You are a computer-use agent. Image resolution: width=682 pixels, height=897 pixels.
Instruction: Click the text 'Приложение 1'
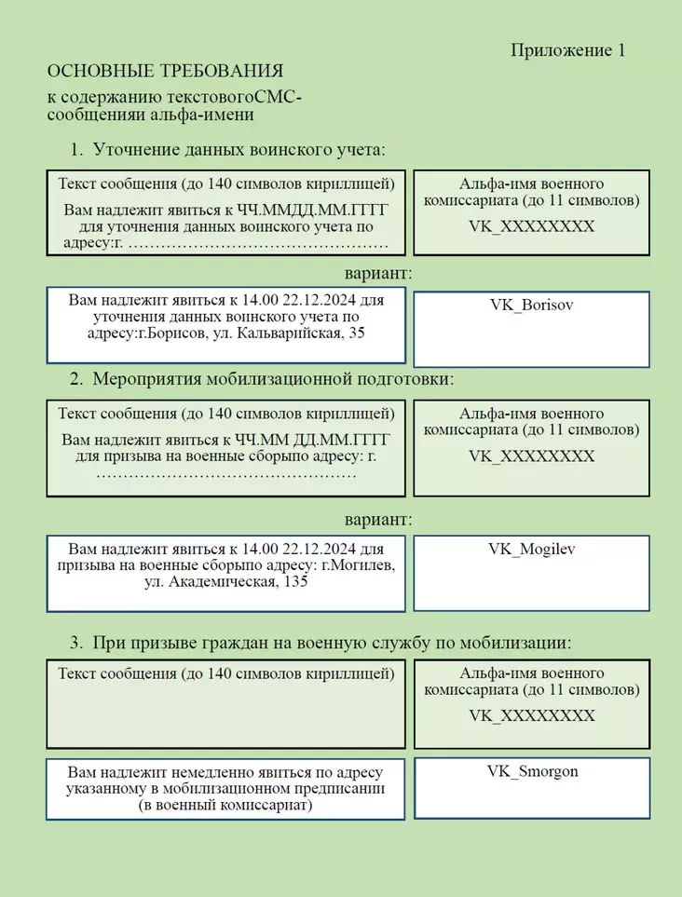[567, 50]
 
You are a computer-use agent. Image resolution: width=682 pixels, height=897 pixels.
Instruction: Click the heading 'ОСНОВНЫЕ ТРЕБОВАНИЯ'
[165, 72]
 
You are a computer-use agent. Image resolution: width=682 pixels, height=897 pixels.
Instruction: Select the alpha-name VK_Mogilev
[531, 549]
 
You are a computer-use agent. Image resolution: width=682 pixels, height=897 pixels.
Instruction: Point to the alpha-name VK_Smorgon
[532, 771]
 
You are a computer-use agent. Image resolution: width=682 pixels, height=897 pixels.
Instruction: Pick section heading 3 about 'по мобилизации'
[331, 643]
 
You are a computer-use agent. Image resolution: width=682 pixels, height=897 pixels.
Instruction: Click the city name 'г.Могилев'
[359, 566]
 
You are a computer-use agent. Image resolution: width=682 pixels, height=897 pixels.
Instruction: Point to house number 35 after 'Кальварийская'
[355, 333]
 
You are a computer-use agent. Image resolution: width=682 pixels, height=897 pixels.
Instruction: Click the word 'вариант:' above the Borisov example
[377, 274]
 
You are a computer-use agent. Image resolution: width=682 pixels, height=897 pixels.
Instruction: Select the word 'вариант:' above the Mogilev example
[377, 519]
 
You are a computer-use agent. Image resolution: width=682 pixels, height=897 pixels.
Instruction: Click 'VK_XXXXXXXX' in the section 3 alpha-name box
[531, 715]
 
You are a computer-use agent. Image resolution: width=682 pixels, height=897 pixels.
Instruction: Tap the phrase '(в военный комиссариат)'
[225, 806]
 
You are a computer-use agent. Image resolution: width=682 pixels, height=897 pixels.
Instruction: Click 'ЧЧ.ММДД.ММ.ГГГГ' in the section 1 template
[316, 211]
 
